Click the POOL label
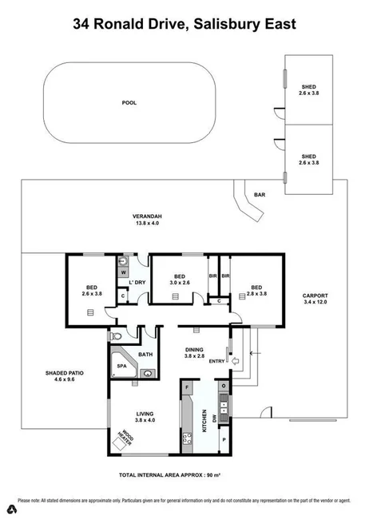[129, 103]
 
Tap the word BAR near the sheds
[260, 194]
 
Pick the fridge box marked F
[187, 389]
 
